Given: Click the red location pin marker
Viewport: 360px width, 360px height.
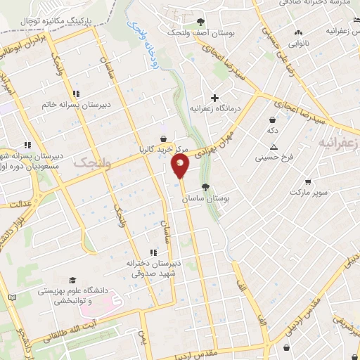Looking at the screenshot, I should tap(180, 166).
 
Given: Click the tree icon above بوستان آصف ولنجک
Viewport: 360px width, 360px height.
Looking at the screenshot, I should tap(201, 22).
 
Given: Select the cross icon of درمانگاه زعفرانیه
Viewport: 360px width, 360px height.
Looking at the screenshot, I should tap(214, 98).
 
